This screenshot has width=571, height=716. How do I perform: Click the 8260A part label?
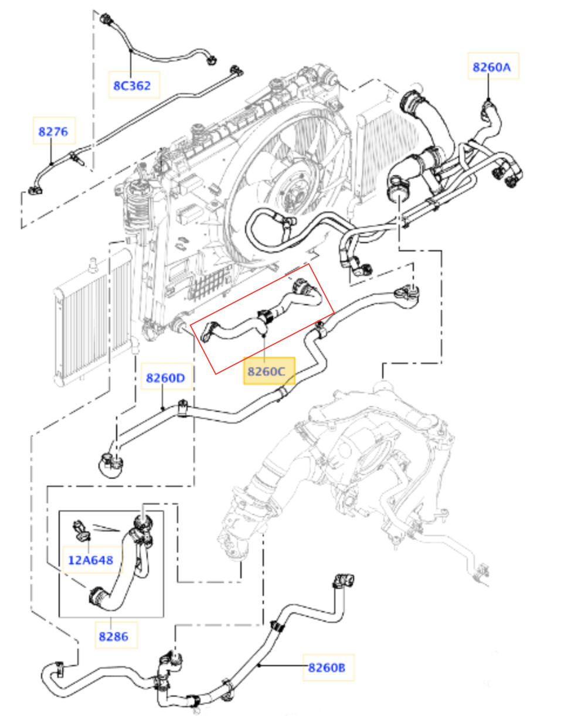(x=491, y=67)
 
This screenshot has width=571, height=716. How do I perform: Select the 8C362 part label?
(x=132, y=86)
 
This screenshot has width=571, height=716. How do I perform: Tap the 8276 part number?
(x=53, y=132)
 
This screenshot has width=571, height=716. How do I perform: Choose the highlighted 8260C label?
(x=266, y=371)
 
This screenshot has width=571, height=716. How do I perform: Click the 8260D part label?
(x=165, y=378)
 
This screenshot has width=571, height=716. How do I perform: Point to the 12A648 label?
(x=90, y=560)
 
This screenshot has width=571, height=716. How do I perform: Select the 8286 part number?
(x=114, y=637)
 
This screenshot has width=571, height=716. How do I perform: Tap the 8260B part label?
(x=327, y=668)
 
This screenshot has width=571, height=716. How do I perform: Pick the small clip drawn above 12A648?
(x=81, y=531)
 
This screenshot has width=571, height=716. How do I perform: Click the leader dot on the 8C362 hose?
(x=131, y=51)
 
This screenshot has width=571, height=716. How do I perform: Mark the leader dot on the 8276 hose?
(x=51, y=163)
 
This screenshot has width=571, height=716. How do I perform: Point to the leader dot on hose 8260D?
(x=162, y=408)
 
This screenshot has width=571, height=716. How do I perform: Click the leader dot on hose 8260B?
(x=259, y=666)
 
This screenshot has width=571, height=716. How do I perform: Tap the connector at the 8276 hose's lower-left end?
(x=35, y=190)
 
